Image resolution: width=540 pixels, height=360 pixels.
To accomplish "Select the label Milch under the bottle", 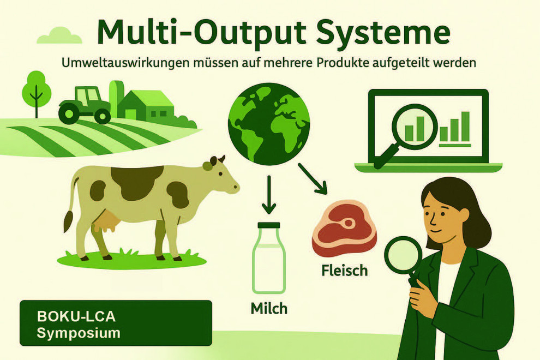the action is coord(269,308).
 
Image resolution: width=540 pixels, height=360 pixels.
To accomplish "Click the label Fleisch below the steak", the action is coord(345,271).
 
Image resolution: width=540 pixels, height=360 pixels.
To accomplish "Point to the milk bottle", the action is coord(269,258).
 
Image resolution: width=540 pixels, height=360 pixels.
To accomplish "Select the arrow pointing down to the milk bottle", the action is coord(269,195).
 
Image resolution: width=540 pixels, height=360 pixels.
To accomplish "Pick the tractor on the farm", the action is coord(85,105).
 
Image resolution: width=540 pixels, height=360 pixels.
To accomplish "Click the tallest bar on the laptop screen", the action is coord(466,127).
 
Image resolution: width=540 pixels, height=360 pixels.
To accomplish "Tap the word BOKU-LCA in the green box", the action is coord(76,316).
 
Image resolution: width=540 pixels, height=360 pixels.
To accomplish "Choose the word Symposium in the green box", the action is coord(79,333).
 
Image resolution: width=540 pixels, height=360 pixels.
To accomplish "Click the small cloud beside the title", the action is coord(59,36).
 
